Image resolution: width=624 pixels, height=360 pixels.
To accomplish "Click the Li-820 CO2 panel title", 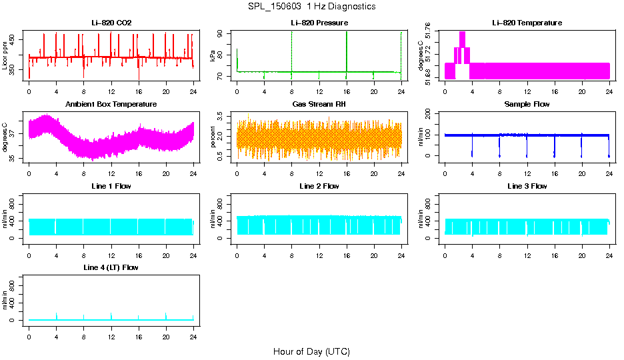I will pyautogui.click(x=111, y=23).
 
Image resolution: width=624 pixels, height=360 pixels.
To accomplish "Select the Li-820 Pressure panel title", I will pyautogui.click(x=319, y=23).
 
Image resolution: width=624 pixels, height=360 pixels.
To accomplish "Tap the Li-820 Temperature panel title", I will pyautogui.click(x=527, y=23).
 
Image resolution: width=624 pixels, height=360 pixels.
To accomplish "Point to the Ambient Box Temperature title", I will pyautogui.click(x=111, y=104).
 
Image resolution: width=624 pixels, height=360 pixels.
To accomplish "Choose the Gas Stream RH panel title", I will pyautogui.click(x=319, y=104).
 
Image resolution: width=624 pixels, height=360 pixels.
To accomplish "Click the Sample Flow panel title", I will pyautogui.click(x=527, y=104).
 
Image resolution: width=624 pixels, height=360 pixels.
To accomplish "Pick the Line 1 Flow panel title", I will pyautogui.click(x=111, y=186).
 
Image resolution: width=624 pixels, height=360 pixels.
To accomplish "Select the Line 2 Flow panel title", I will pyautogui.click(x=319, y=186).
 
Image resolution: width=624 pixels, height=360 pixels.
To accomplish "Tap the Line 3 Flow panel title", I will pyautogui.click(x=527, y=186).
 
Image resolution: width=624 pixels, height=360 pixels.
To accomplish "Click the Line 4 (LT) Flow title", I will pyautogui.click(x=111, y=267).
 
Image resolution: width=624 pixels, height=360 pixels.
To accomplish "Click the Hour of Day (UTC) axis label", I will pyautogui.click(x=311, y=351).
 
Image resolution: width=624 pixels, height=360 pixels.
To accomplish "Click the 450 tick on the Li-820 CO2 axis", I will pyautogui.click(x=19, y=38).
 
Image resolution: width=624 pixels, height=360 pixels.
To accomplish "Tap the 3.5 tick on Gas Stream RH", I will pyautogui.click(x=226, y=116).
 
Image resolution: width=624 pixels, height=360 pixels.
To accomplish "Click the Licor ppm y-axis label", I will pyautogui.click(x=6, y=57).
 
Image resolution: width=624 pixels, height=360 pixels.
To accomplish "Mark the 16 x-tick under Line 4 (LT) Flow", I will pyautogui.click(x=138, y=331).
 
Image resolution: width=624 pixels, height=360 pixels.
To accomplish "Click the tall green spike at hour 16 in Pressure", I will pyautogui.click(x=347, y=50).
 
